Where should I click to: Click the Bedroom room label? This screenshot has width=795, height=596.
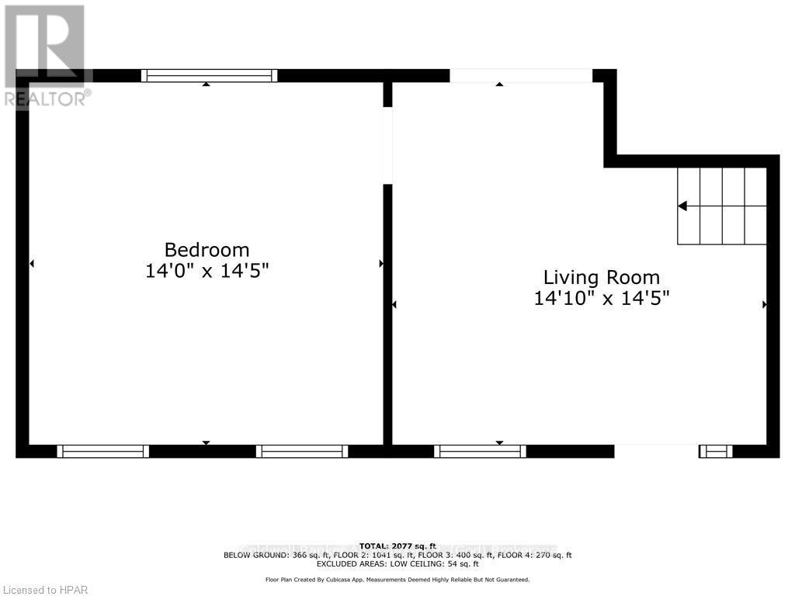click(x=207, y=250)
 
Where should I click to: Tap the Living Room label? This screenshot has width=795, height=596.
click(x=601, y=277)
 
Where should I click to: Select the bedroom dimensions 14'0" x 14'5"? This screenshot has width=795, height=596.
click(x=207, y=271)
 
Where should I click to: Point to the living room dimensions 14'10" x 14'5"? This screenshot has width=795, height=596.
click(x=601, y=297)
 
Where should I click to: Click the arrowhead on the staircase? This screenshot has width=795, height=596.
click(x=682, y=206)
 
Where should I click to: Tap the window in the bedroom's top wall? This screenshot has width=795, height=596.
click(x=209, y=75)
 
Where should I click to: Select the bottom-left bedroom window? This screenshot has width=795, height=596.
click(x=102, y=451)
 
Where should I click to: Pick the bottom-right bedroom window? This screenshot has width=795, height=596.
click(x=301, y=451)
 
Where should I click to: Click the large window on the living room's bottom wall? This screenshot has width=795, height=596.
click(x=480, y=451)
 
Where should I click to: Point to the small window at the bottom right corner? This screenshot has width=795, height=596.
click(x=715, y=451)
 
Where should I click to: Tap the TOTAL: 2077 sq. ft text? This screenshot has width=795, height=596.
click(x=397, y=546)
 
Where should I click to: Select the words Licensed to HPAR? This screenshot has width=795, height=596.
click(x=45, y=590)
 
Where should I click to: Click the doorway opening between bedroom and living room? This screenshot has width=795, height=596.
click(x=387, y=145)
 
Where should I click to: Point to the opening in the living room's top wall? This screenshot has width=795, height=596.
click(x=521, y=75)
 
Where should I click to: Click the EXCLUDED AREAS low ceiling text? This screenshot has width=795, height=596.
click(x=397, y=564)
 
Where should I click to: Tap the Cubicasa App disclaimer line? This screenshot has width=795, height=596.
click(x=397, y=580)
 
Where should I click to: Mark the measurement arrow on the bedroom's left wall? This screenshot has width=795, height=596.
click(x=32, y=264)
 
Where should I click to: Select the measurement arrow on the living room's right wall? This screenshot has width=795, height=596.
click(x=765, y=305)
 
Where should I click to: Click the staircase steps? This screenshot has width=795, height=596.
click(x=722, y=206)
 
